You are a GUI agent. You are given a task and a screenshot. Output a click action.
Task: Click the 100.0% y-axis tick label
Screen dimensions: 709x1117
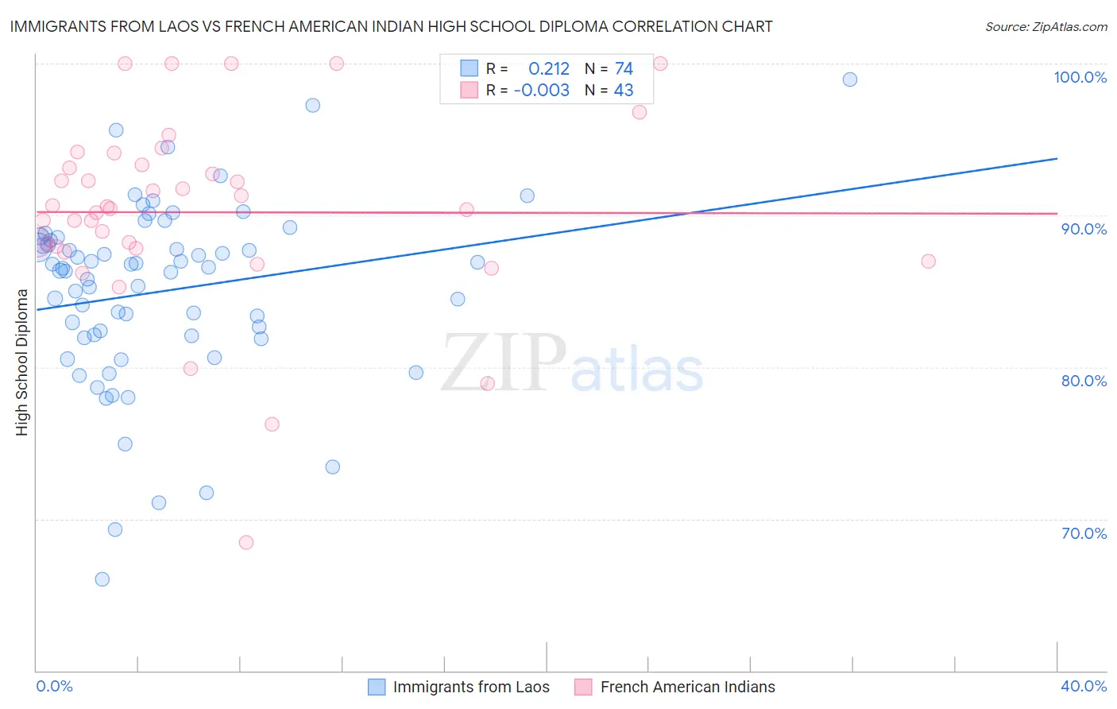click(x=1080, y=77)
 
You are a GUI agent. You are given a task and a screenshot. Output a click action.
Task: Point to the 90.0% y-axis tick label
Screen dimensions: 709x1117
click(x=1084, y=229)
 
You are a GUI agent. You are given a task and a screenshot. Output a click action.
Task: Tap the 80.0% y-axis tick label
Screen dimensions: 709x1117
click(x=1084, y=381)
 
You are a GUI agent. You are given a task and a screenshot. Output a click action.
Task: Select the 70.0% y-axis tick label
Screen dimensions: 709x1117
click(x=1084, y=533)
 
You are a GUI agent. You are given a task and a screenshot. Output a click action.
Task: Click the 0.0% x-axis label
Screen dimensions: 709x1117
click(x=54, y=686)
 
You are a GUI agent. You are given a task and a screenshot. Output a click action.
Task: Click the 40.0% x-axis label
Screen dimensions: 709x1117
click(x=1084, y=686)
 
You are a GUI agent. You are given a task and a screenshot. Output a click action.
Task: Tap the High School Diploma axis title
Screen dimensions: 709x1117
click(x=22, y=362)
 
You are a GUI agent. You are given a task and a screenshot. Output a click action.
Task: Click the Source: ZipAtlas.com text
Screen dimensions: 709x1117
click(x=1045, y=27)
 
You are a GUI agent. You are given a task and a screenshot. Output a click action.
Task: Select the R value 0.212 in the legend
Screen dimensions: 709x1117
click(x=549, y=69)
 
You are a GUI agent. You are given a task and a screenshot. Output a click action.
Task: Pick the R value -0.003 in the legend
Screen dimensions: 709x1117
click(x=542, y=91)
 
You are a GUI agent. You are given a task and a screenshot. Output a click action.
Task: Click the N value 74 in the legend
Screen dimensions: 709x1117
click(x=624, y=69)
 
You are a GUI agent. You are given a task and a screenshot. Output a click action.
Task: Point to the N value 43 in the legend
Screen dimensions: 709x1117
click(x=624, y=91)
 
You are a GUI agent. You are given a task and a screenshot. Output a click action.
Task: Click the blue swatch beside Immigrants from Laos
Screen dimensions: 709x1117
click(x=377, y=687)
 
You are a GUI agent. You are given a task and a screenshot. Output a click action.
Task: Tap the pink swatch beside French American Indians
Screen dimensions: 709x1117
click(x=584, y=687)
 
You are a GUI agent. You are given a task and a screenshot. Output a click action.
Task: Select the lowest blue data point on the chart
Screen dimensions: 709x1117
click(x=102, y=579)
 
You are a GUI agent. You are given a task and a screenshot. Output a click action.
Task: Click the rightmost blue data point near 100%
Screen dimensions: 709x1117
click(x=850, y=79)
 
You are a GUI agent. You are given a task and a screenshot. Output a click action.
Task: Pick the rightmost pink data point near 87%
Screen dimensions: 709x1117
click(x=928, y=262)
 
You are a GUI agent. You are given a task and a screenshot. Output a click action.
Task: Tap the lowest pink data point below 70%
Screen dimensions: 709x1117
click(x=246, y=543)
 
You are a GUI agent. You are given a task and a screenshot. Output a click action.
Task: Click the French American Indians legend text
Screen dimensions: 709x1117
click(x=687, y=687)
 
